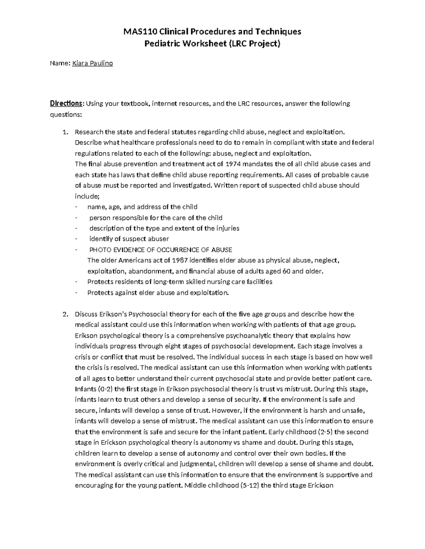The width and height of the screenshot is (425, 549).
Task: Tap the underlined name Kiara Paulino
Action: tap(92, 64)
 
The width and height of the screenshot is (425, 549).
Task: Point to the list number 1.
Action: tap(65, 132)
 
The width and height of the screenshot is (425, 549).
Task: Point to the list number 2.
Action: tap(65, 314)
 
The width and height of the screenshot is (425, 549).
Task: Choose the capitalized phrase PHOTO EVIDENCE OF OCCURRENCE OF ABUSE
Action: tap(160, 250)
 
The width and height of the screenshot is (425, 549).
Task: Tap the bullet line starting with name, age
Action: tap(142, 207)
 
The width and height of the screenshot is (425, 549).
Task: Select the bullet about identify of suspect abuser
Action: tap(129, 239)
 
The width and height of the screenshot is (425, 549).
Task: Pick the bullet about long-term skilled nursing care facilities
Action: tap(180, 282)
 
